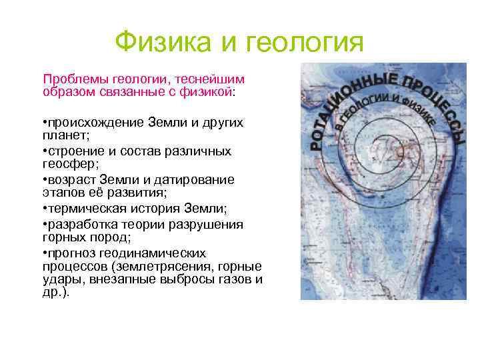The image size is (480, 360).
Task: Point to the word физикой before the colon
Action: [x=207, y=91]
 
